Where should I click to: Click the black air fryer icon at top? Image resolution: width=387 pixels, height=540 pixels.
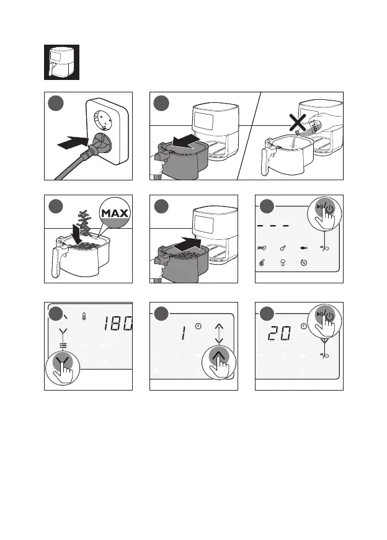(x=61, y=62)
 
